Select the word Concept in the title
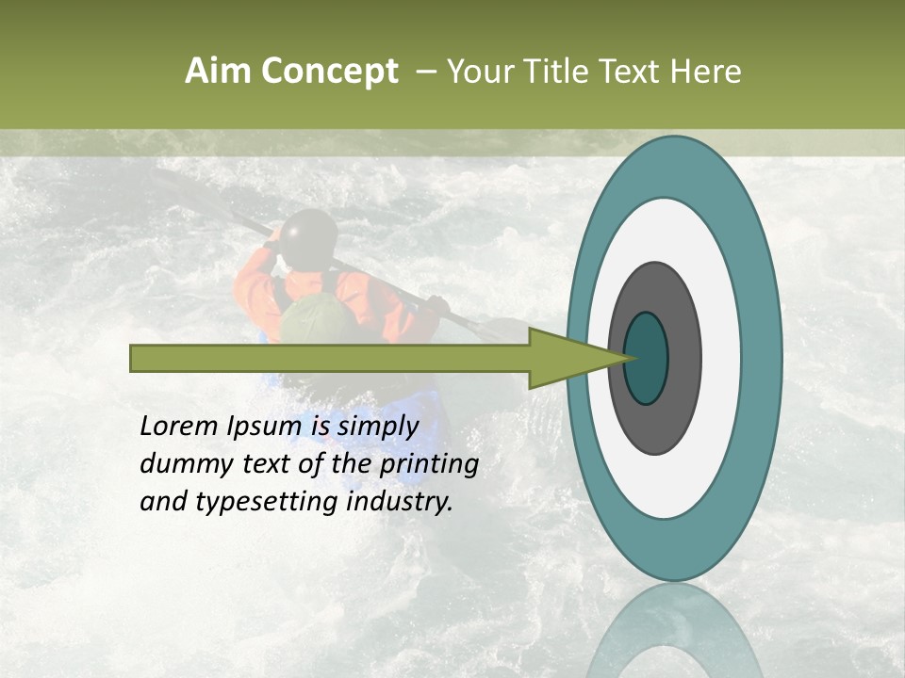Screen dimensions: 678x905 (x=330, y=73)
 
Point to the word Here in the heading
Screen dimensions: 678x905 (x=706, y=72)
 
